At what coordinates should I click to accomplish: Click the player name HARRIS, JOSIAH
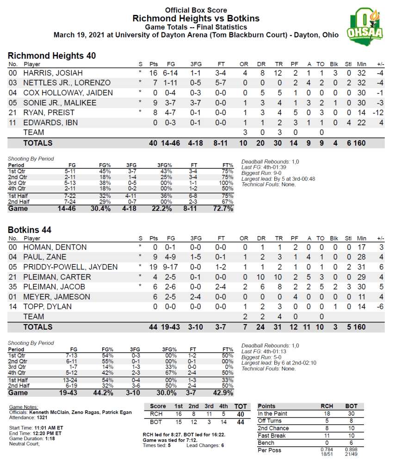[x=53, y=73]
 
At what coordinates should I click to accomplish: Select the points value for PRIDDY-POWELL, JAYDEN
[x=154, y=267]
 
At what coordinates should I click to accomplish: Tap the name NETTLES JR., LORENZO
[x=67, y=83]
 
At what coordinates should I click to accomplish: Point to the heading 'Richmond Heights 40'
[x=52, y=55]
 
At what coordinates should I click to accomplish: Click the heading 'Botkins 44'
[x=30, y=230]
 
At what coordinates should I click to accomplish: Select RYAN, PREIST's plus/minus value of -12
[x=380, y=112]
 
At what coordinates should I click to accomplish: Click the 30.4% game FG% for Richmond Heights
[x=103, y=209]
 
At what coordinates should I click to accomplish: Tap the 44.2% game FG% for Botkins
[x=103, y=393]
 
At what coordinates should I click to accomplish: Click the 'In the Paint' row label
[x=273, y=413]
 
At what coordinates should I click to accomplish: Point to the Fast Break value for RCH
[x=327, y=436]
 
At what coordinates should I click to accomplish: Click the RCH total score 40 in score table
[x=240, y=414]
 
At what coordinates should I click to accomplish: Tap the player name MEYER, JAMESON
[x=57, y=296]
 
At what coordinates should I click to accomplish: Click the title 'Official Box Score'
[x=196, y=10]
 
